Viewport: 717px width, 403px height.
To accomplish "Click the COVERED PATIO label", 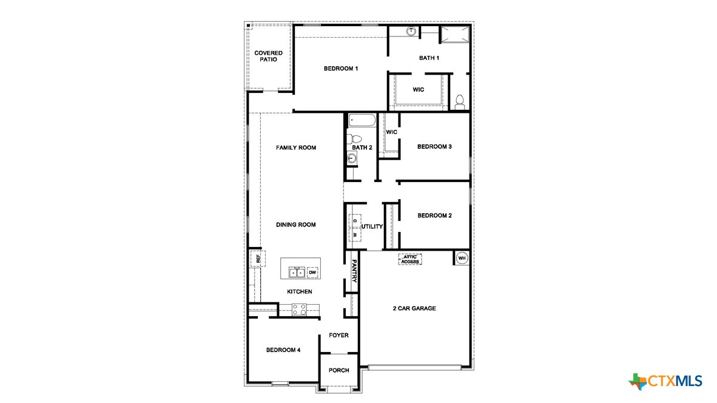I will [268, 56].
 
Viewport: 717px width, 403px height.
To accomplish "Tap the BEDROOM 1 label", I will [340, 69].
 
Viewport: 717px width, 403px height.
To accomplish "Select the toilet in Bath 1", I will [459, 101].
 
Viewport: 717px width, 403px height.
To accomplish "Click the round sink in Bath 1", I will [411, 30].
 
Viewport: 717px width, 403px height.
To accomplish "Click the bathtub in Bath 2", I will [362, 120].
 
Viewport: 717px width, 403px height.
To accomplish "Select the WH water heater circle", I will [462, 258].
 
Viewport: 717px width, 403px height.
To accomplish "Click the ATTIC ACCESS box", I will [409, 259].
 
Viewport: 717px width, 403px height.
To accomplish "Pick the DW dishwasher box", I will [313, 273].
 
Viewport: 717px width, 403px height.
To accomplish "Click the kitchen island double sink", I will [297, 273].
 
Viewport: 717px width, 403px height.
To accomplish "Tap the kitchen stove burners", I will [299, 310].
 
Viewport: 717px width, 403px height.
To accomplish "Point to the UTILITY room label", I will [372, 226].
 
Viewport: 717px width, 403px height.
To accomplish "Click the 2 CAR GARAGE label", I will [414, 308].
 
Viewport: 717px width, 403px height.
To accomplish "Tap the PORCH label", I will [338, 370].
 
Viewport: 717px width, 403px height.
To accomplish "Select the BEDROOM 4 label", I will [283, 350].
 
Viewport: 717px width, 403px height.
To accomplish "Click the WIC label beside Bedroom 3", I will [391, 132].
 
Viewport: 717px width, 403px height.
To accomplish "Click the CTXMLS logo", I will [665, 381].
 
